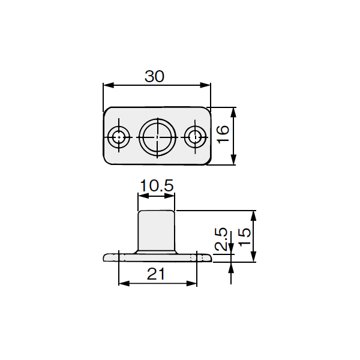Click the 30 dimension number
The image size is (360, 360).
tap(155, 76)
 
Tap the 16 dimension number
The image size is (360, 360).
tap(223, 134)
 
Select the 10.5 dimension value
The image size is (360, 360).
tap(157, 185)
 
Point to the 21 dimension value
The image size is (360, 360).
tap(156, 274)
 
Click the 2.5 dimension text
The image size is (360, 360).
tap(221, 239)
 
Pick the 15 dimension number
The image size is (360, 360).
tap(244, 237)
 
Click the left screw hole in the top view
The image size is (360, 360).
tap(119, 137)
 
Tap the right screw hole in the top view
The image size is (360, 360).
tap(195, 137)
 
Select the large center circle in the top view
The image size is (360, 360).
tap(157, 137)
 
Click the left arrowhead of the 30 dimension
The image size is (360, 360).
tap(109, 85)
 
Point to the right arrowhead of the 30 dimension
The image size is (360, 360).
tap(205, 85)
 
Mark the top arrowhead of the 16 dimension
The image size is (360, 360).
tap(233, 113)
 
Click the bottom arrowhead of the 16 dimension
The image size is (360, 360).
tap(233, 160)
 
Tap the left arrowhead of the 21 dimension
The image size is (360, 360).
tap(124, 284)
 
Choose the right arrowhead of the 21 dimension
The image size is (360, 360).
tap(192, 284)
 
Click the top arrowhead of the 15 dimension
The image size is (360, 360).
tap(253, 216)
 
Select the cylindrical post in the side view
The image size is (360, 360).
tap(157, 230)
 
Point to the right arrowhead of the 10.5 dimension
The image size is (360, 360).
tap(170, 196)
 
